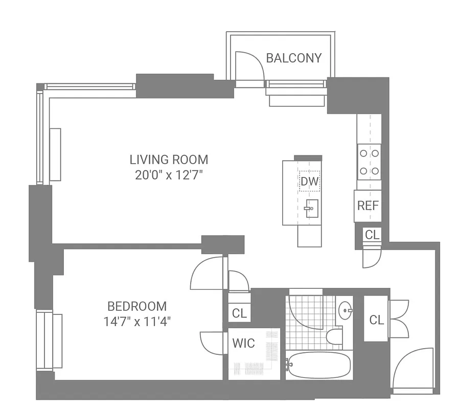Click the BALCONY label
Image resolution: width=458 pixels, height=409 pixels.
point(294,58)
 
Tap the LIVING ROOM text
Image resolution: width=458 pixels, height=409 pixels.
point(169,160)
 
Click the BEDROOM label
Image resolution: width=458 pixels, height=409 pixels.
point(137,306)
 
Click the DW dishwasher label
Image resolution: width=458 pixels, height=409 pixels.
point(309,181)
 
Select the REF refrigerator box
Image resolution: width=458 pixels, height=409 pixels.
point(368,206)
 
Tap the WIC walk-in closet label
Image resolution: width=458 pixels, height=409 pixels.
point(243,343)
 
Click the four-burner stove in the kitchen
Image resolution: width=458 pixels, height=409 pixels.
point(369,162)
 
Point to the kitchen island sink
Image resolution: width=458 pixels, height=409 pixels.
point(311,208)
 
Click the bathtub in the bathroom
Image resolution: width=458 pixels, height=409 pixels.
point(318,365)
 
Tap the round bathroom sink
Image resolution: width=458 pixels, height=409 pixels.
point(346,309)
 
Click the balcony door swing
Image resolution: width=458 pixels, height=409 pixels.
point(249,66)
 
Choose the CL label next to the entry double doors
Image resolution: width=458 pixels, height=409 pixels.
point(376,320)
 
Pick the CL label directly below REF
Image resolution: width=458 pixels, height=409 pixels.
point(372,235)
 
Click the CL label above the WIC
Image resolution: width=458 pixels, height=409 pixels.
point(239,313)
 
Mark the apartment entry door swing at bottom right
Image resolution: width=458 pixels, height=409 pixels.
point(415,369)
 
